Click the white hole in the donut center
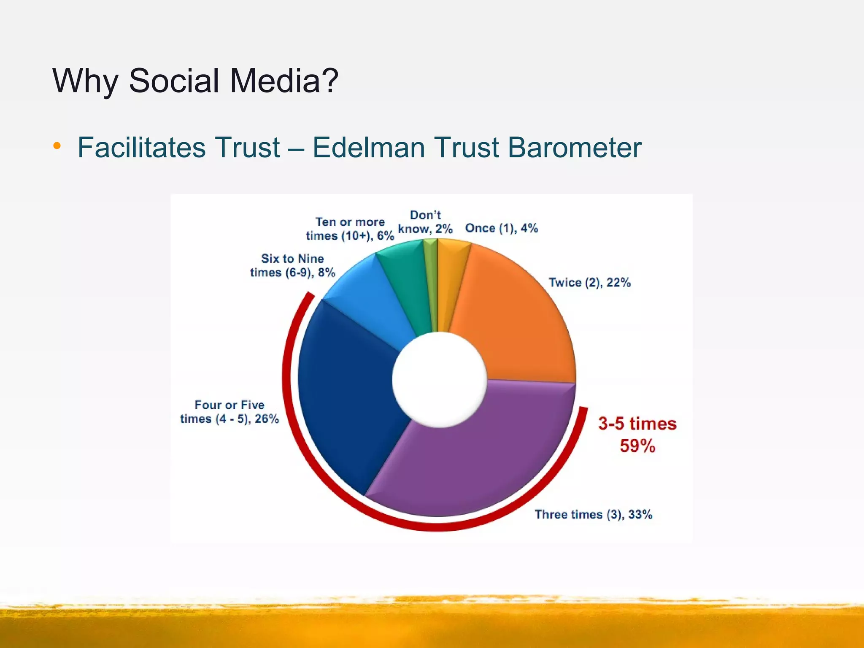click(x=439, y=380)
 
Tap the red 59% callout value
click(x=637, y=446)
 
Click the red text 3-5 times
click(x=637, y=424)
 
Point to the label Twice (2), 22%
click(x=589, y=282)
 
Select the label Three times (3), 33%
click(x=593, y=514)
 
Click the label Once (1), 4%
click(x=501, y=228)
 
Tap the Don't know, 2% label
click(x=425, y=222)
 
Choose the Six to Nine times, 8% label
click(x=292, y=265)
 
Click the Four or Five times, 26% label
click(x=229, y=412)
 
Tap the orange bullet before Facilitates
click(x=57, y=147)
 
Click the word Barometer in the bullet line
click(x=574, y=147)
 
